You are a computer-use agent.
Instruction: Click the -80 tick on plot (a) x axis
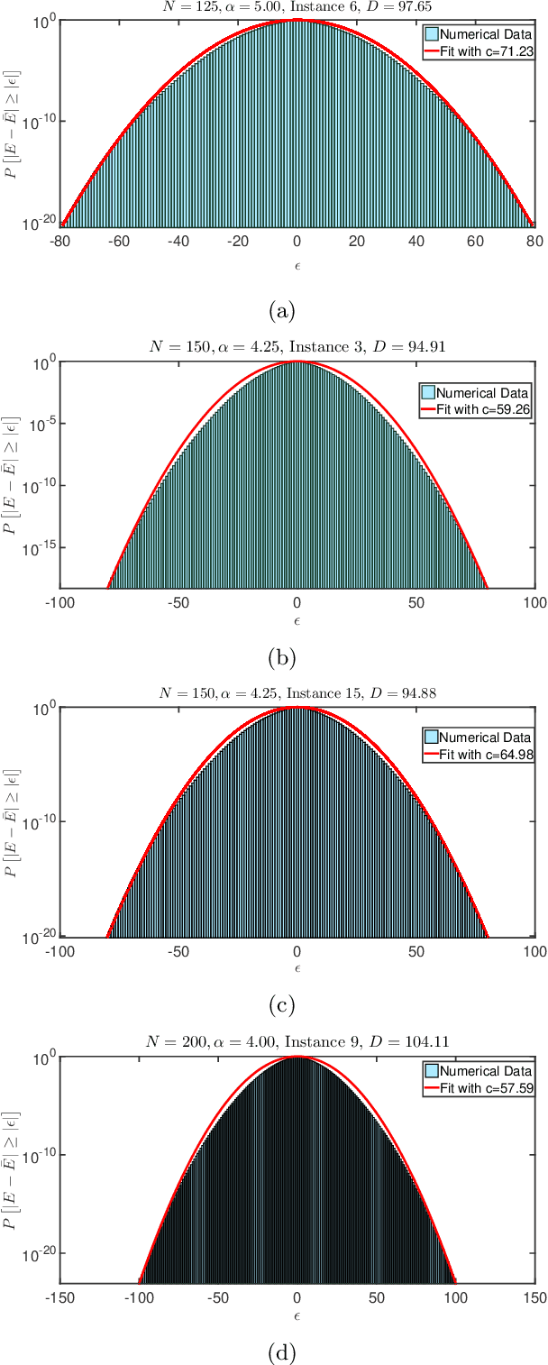point(60,241)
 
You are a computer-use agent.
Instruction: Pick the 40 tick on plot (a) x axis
point(416,241)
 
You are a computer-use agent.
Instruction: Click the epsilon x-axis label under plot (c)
point(297,968)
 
